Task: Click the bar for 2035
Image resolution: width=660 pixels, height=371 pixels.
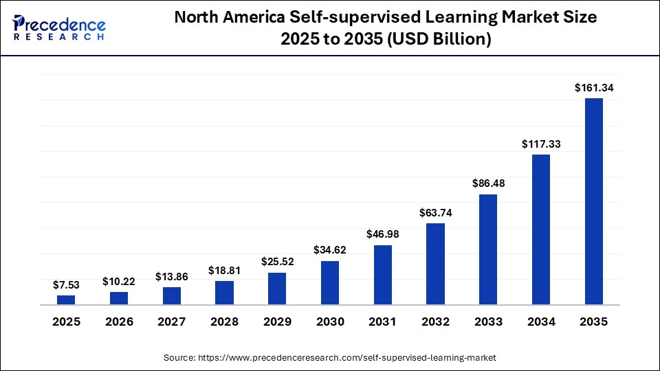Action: tap(593, 201)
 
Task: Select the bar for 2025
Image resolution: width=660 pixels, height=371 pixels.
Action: tap(66, 300)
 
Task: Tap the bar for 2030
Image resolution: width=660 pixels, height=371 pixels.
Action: tap(330, 282)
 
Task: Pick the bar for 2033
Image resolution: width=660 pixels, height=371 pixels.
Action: tap(488, 249)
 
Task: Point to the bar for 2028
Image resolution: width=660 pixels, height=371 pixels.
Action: tap(224, 292)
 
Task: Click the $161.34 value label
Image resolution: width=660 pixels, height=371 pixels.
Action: tap(593, 87)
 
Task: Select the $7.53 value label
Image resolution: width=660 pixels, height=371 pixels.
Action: tap(66, 284)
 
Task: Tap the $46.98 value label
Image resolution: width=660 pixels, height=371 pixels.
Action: tap(382, 234)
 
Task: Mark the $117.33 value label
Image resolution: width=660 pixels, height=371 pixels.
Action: tap(541, 144)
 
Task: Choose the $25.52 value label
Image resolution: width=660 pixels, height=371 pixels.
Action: tap(277, 262)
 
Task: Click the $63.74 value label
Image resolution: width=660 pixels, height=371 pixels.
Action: tap(435, 212)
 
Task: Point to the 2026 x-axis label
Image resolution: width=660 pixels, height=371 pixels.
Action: tap(119, 322)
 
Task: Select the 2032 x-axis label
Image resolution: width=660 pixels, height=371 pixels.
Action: tap(435, 322)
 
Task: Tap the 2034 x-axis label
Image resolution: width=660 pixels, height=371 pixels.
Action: tap(541, 322)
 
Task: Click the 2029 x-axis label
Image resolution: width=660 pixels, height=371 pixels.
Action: tap(277, 322)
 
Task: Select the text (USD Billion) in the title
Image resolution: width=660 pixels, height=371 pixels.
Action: tap(441, 40)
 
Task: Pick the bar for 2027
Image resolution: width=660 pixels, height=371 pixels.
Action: tap(172, 295)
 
